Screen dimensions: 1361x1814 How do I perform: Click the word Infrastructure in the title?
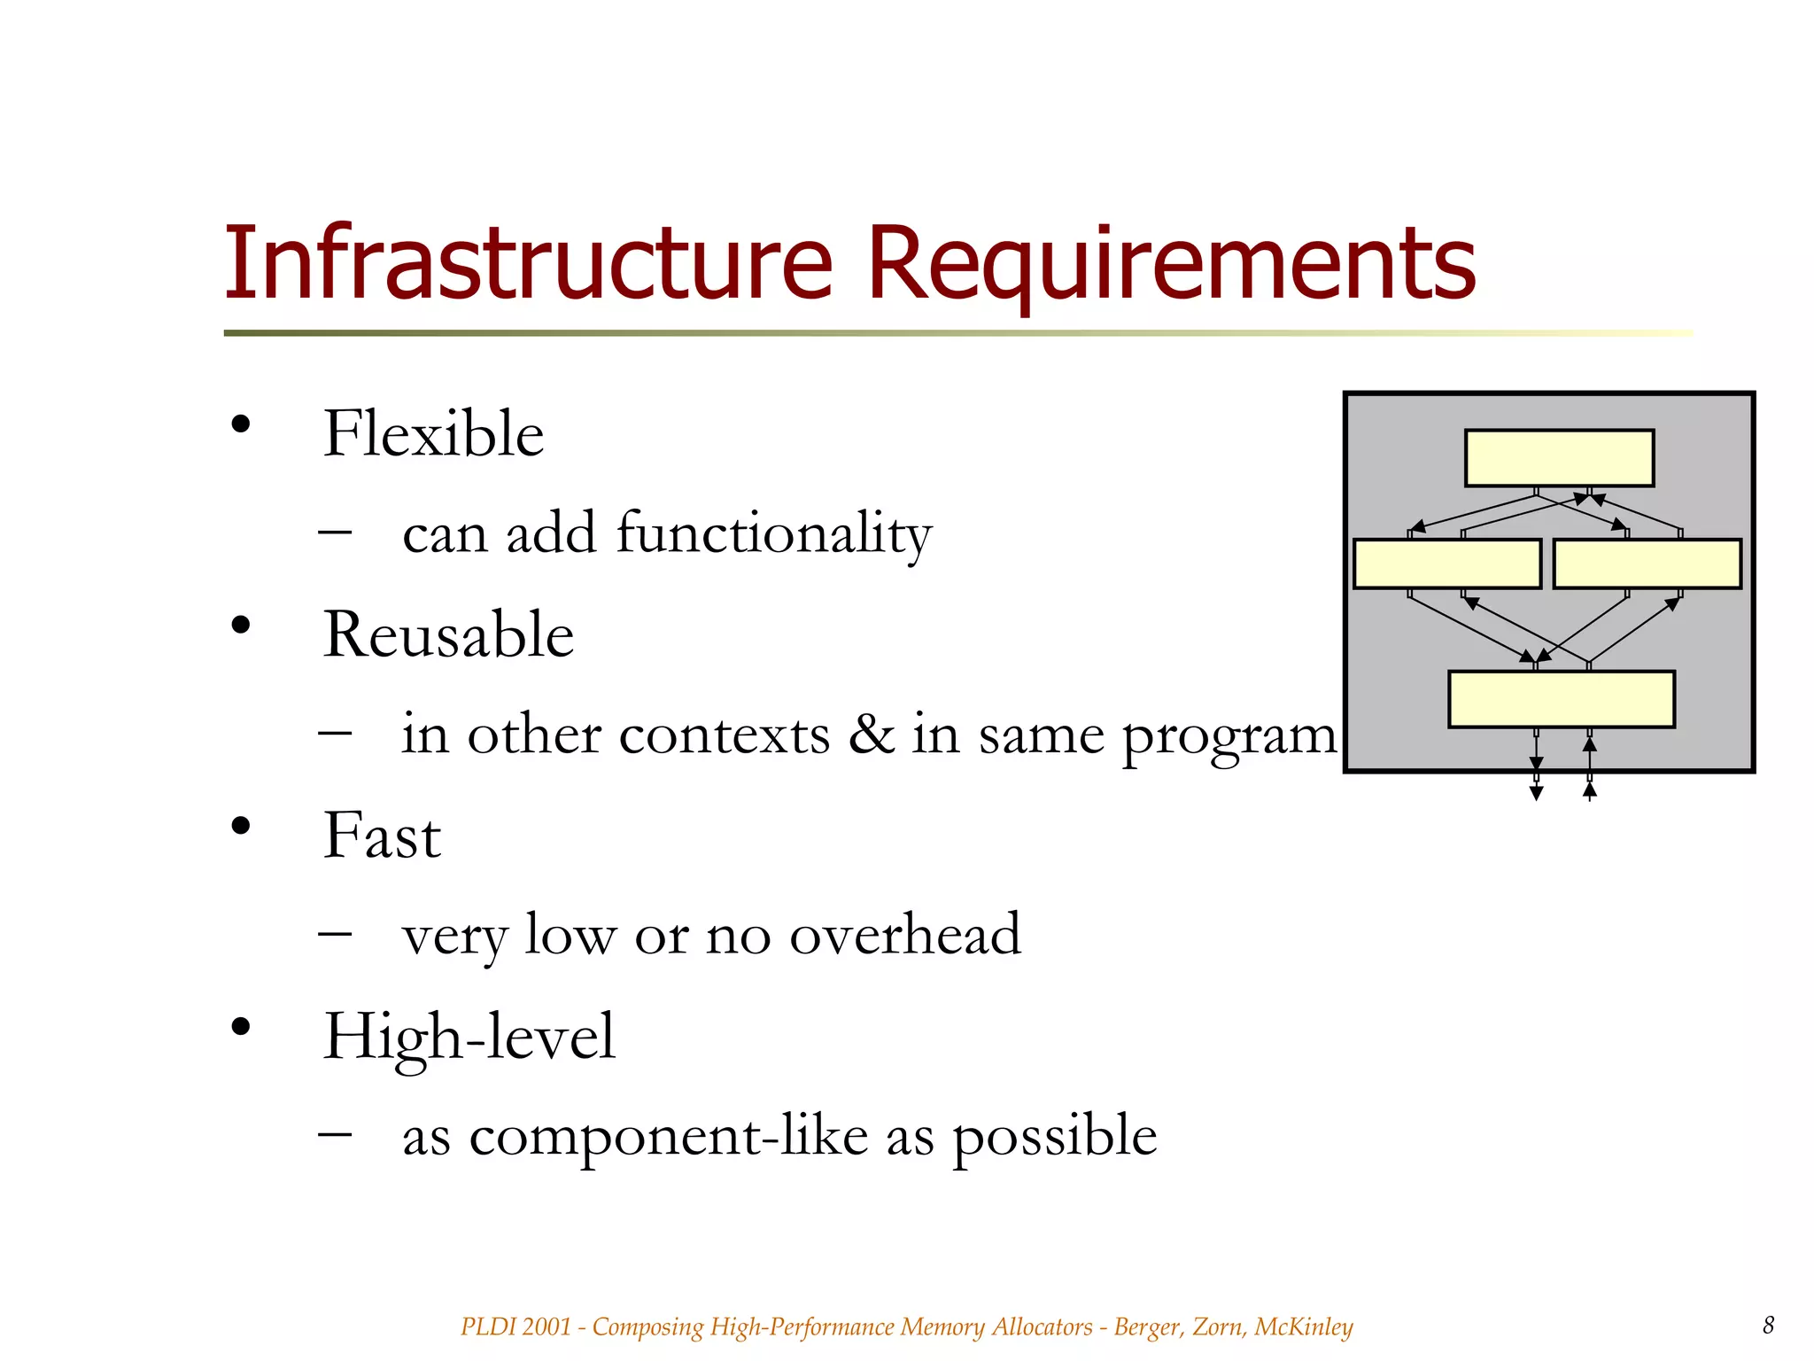click(x=529, y=263)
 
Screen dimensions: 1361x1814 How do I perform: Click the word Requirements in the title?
click(x=1171, y=263)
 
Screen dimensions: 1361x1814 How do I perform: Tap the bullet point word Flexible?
click(x=433, y=434)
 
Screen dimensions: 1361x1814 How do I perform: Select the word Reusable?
click(x=448, y=635)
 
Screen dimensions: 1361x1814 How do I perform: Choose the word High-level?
click(x=469, y=1037)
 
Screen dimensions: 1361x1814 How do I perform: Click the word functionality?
click(x=773, y=534)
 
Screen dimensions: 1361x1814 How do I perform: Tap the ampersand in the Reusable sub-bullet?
click(x=872, y=735)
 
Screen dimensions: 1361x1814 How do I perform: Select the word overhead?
click(x=904, y=935)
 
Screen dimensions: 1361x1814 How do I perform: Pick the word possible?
click(x=1054, y=1138)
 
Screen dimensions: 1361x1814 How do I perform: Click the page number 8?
click(x=1768, y=1325)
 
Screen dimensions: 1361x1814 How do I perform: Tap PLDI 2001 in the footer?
click(x=516, y=1326)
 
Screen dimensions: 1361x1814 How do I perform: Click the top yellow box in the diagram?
click(x=1559, y=458)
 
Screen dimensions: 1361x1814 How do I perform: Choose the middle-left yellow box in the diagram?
click(x=1447, y=564)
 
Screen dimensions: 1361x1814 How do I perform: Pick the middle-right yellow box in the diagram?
click(x=1647, y=564)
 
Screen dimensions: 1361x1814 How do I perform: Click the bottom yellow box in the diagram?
click(x=1561, y=699)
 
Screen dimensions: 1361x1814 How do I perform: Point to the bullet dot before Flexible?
click(x=240, y=424)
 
